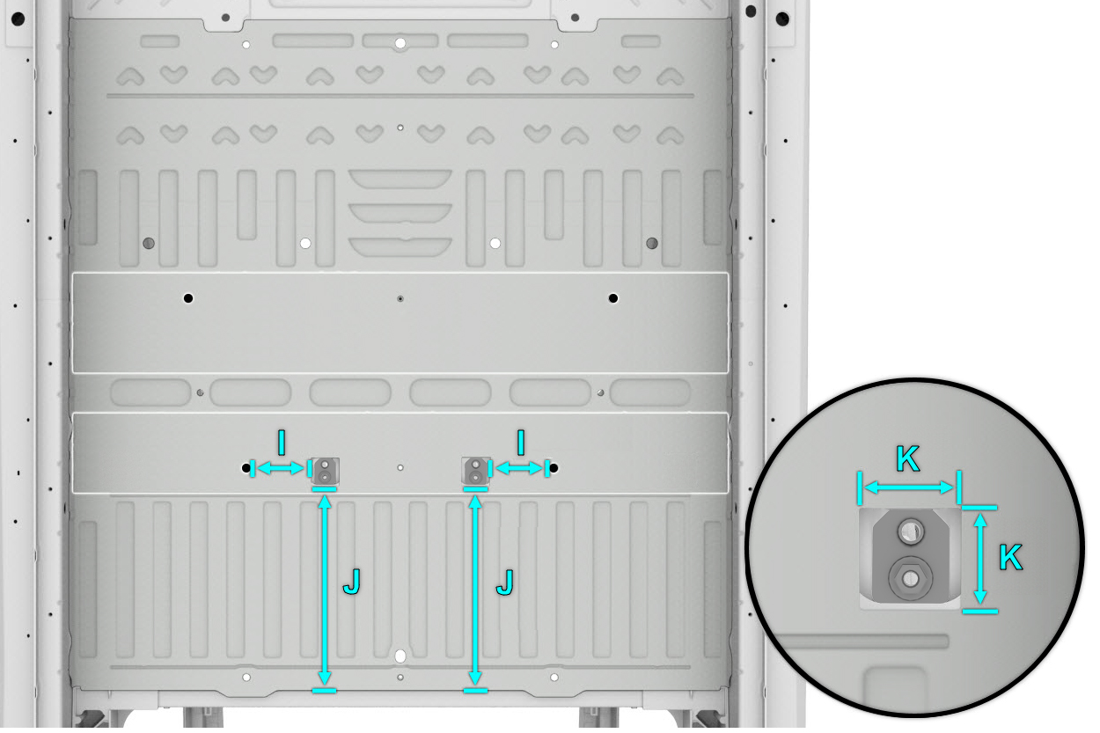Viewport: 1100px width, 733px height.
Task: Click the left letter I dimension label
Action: (x=282, y=443)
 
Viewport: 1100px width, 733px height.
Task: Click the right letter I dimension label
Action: (x=521, y=443)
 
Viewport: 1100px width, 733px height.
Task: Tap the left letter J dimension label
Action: (x=352, y=582)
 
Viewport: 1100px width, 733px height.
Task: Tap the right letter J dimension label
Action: (x=505, y=582)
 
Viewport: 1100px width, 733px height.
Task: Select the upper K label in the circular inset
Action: (x=907, y=459)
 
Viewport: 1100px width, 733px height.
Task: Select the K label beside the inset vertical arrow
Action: (x=1010, y=557)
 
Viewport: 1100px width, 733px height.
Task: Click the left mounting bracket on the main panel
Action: (x=325, y=471)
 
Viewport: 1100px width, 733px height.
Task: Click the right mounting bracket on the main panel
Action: (x=475, y=471)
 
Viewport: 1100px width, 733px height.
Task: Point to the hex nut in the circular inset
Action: (x=911, y=578)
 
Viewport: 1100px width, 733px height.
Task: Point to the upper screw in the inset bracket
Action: (x=911, y=531)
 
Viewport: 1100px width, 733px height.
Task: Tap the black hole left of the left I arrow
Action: (x=246, y=468)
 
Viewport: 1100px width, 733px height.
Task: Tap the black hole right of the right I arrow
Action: (x=554, y=468)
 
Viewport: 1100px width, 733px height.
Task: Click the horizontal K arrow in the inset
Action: (x=908, y=487)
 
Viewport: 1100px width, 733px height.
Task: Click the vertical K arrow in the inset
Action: (x=980, y=559)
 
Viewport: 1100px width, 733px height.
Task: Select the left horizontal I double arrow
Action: (x=281, y=468)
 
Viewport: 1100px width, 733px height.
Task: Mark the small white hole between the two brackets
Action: (x=400, y=468)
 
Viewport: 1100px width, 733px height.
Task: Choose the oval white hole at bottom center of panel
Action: (x=400, y=656)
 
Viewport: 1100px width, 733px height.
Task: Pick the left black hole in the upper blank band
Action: (x=188, y=298)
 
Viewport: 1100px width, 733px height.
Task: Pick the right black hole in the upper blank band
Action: (x=612, y=298)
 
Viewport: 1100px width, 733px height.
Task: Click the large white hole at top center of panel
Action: (x=400, y=43)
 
